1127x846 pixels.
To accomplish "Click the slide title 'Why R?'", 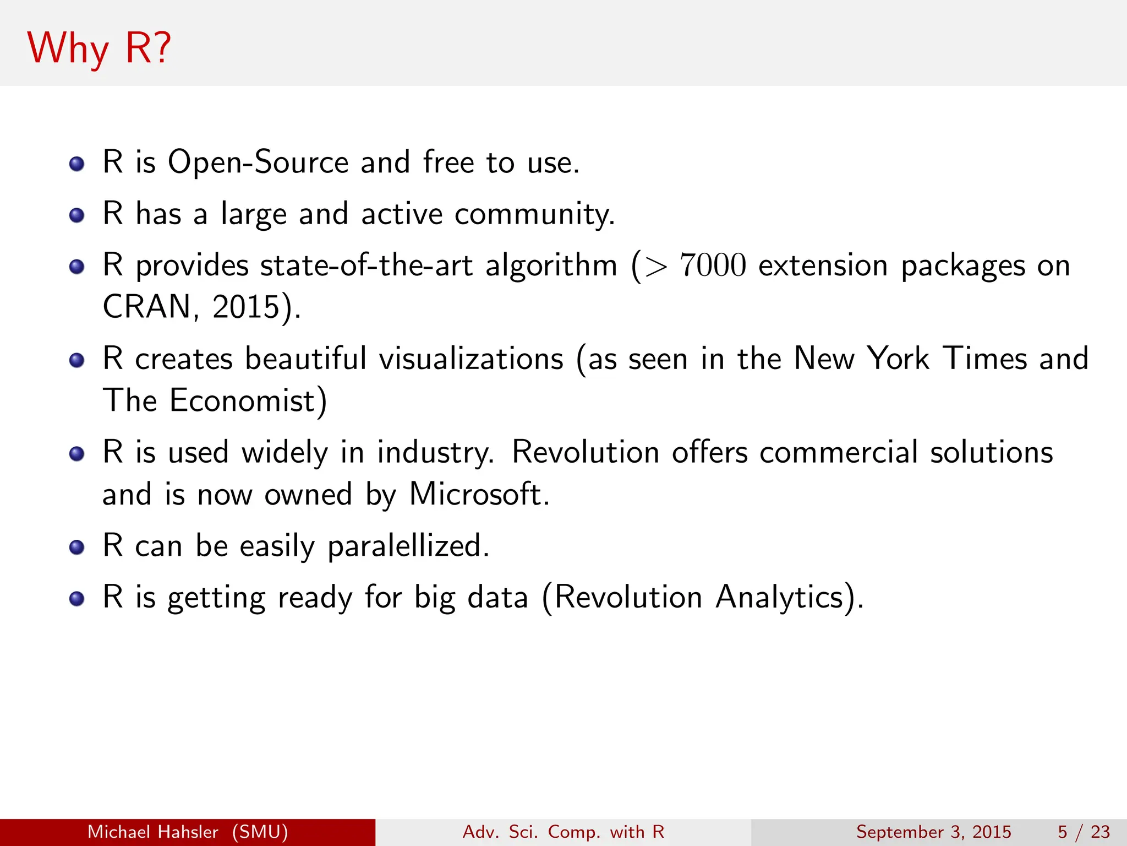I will point(99,48).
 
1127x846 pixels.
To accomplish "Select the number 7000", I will point(713,265).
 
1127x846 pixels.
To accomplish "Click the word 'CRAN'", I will point(146,307).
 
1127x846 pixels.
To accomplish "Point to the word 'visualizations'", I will point(471,359).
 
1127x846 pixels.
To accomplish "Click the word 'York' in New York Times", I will point(898,359).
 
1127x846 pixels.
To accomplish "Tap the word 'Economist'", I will point(243,400).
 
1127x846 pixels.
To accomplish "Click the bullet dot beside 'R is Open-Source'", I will point(77,164).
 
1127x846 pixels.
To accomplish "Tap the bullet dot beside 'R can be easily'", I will point(77,547).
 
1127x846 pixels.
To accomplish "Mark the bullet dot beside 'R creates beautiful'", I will point(77,360).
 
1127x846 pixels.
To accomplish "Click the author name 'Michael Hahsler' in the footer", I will point(153,832).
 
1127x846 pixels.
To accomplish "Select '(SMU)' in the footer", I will point(260,832).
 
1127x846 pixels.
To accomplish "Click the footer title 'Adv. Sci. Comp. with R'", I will point(563,832).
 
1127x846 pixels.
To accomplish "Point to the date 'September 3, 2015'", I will point(934,832).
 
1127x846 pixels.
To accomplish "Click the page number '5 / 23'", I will point(1084,832).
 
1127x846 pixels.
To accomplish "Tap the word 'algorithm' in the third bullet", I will point(551,265).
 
